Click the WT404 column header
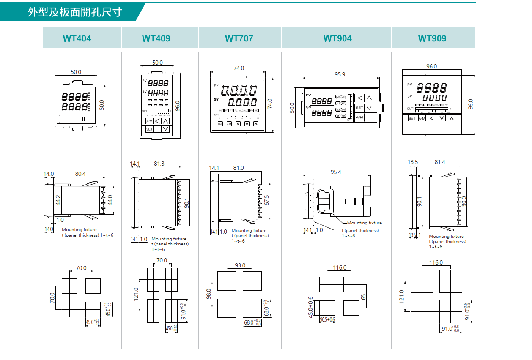pos(77,38)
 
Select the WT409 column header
pos(156,38)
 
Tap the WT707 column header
pos(239,38)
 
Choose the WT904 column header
pos(337,38)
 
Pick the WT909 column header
pos(432,38)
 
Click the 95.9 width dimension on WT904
pos(340,74)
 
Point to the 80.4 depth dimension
pos(80,174)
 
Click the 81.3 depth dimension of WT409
pos(159,164)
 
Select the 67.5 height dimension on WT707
pos(266,199)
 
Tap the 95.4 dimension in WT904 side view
pos(336,172)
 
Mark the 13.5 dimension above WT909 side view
pos(413,162)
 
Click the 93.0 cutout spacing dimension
pos(240,265)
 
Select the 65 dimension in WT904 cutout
pos(363,296)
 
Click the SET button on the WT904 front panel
pos(359,108)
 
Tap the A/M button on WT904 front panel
pos(359,117)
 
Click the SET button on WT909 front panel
pos(412,119)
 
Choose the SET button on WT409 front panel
pos(149,129)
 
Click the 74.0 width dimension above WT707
pos(239,68)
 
